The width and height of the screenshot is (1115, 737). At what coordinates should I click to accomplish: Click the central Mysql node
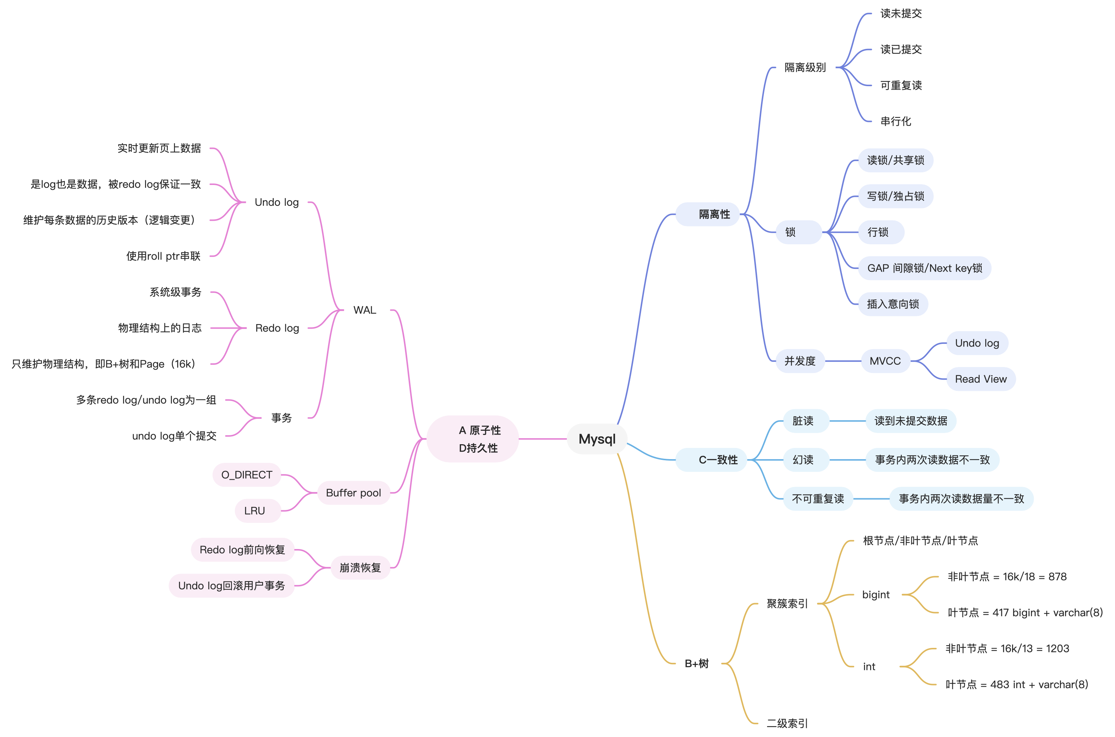pos(597,439)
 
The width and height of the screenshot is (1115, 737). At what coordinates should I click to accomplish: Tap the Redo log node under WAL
pos(277,328)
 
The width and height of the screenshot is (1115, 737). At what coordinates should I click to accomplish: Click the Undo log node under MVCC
pos(977,343)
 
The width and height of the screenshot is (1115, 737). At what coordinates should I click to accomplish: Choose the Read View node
pos(981,379)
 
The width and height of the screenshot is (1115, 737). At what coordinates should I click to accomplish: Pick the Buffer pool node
pos(354,493)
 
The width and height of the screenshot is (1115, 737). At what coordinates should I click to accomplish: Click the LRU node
pos(255,511)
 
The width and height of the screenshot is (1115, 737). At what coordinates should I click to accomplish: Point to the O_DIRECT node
pos(247,475)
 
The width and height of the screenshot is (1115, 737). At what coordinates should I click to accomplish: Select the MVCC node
pos(885,361)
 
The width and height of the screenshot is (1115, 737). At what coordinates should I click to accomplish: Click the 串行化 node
pos(896,121)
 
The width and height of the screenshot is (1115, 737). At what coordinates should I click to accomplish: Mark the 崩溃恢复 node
pos(360,568)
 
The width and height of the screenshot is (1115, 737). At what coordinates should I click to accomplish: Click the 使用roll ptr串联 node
pos(163,256)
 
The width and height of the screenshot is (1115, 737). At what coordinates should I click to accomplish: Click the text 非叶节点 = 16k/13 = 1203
pos(1007,649)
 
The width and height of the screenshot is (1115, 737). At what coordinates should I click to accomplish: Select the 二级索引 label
pos(787,723)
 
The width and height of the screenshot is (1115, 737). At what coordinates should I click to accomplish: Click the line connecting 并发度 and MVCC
pos(844,361)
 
